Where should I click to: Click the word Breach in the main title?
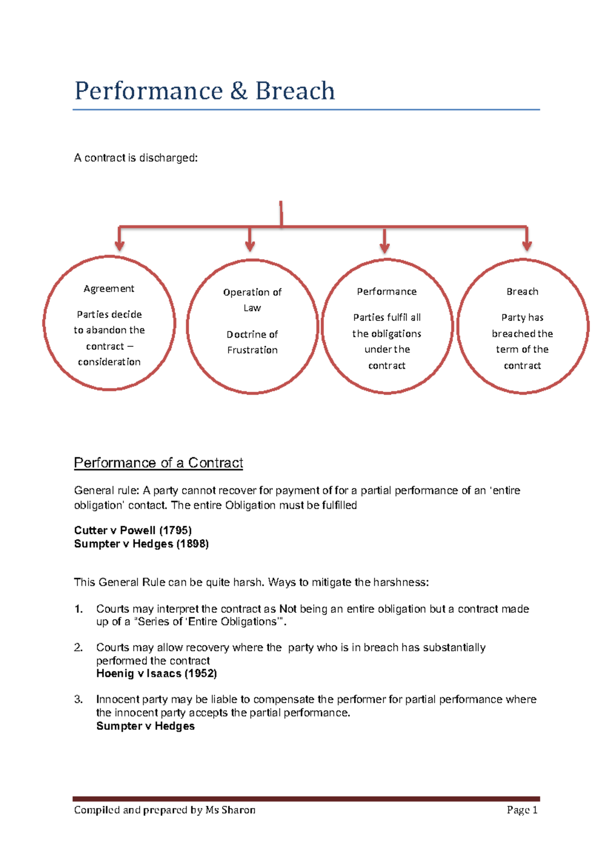coord(295,91)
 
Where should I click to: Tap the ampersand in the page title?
coord(239,91)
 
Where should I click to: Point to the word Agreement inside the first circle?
coord(109,289)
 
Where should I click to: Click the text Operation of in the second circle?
coord(252,292)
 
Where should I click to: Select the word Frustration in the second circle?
coord(252,350)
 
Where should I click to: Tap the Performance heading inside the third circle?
coord(387,292)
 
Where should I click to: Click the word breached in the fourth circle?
coord(512,334)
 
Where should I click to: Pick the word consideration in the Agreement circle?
coord(109,362)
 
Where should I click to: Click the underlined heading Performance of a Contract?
coord(158,463)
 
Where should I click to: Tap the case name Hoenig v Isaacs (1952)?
coord(157,673)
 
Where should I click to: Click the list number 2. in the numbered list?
coord(78,647)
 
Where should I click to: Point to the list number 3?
coord(78,699)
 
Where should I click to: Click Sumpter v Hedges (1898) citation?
coord(141,544)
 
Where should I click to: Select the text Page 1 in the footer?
coord(522,810)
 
